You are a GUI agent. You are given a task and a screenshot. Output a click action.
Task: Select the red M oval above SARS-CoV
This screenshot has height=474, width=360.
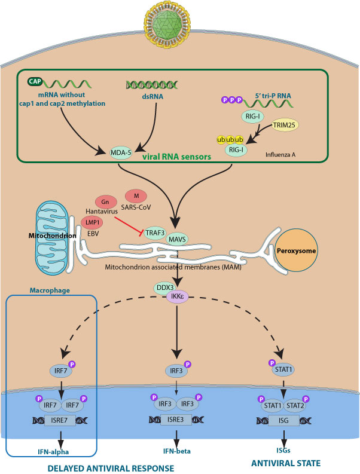(x=137, y=195)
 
